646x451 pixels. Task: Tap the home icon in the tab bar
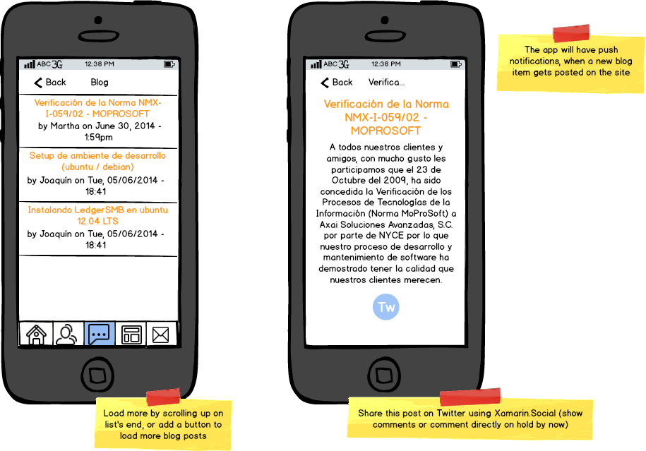[x=36, y=335]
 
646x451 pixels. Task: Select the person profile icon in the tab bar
[x=67, y=335]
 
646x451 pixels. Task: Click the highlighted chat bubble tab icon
[x=100, y=334]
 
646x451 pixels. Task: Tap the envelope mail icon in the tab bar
[x=161, y=335]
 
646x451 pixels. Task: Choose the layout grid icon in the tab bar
[x=131, y=335]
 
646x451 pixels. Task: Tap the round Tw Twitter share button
[x=386, y=307]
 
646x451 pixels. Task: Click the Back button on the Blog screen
[x=50, y=83]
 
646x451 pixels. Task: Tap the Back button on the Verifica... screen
[x=337, y=83]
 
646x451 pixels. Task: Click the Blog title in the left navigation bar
[x=100, y=83]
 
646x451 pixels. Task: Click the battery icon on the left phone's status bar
[x=169, y=64]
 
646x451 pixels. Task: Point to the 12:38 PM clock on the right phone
[x=386, y=64]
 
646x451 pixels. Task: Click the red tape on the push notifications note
[x=571, y=33]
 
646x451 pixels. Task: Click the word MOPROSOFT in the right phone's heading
[x=385, y=131]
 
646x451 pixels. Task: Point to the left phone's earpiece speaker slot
[x=99, y=36]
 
